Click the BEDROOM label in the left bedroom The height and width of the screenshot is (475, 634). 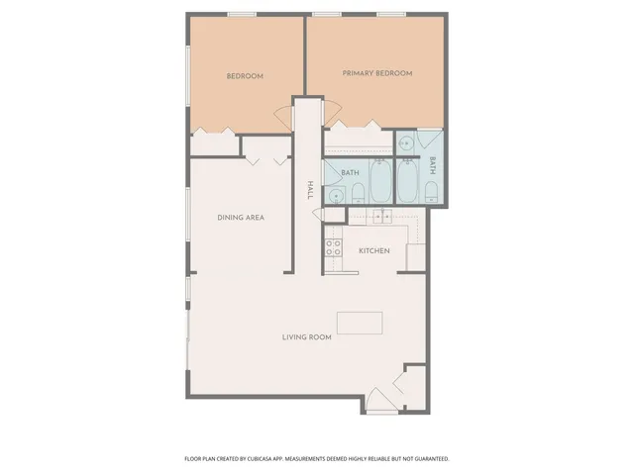click(245, 76)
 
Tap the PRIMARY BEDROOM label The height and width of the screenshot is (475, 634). click(376, 73)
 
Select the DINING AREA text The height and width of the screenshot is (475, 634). click(241, 217)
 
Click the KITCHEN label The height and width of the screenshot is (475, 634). click(374, 250)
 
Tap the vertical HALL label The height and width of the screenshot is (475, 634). click(310, 190)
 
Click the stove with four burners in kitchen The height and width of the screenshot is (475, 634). click(333, 249)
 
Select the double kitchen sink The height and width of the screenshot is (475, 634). click(382, 217)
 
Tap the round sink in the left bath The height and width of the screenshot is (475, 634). click(337, 196)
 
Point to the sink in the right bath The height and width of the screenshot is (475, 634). click(406, 143)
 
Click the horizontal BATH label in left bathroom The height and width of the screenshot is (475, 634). click(350, 173)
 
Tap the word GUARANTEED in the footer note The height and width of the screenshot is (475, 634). click(427, 459)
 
